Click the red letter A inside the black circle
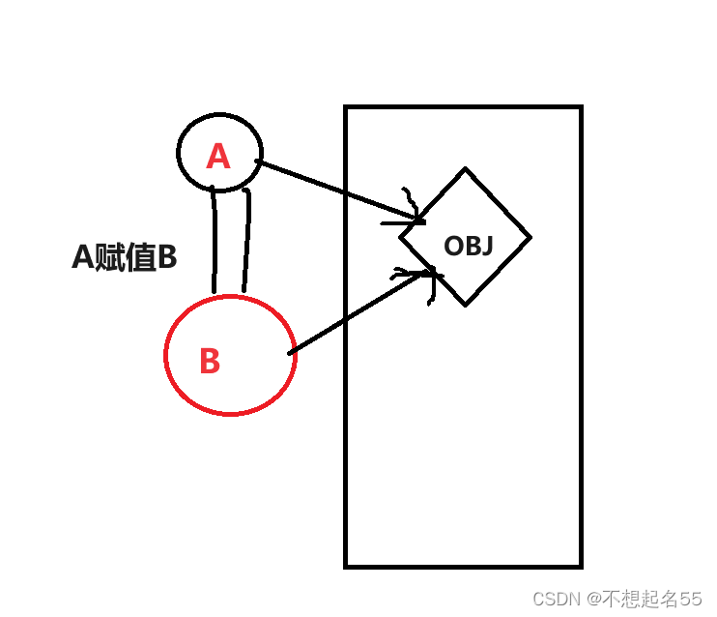point(218,156)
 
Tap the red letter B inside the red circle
point(210,361)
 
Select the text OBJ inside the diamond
point(469,246)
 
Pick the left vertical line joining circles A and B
point(214,242)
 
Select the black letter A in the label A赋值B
point(82,257)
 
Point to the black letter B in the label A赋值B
point(167,257)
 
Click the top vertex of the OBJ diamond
point(466,170)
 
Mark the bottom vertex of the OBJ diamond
point(466,305)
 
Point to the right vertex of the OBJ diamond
point(531,236)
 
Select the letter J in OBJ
point(487,246)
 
